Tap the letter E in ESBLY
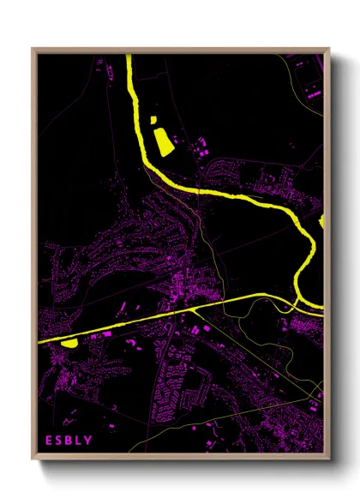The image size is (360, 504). click(x=50, y=441)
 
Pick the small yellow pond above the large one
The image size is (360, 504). click(x=155, y=119)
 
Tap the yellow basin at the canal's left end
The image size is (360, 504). click(x=69, y=343)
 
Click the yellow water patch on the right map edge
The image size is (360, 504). click(x=322, y=222)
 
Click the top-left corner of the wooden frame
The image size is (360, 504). click(x=33, y=49)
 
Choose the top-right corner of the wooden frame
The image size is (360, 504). click(x=329, y=49)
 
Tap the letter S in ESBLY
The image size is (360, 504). click(x=59, y=441)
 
